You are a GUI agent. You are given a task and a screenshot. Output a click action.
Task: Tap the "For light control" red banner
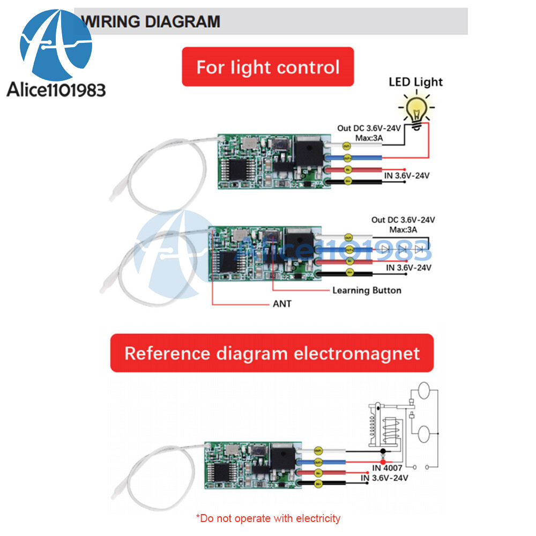(x=268, y=67)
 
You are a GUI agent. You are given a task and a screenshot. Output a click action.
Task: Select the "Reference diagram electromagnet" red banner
(x=272, y=353)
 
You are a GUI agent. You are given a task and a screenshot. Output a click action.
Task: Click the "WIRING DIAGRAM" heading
(x=152, y=21)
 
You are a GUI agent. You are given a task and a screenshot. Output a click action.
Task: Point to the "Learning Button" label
(x=367, y=290)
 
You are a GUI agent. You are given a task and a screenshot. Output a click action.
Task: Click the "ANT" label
(x=282, y=304)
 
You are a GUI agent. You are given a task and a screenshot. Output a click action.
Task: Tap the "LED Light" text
(x=416, y=82)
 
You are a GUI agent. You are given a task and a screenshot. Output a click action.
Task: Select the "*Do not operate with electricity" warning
(x=268, y=518)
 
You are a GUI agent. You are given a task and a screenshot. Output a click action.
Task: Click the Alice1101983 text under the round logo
(x=56, y=90)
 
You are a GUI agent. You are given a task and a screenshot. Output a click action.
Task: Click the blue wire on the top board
(x=364, y=158)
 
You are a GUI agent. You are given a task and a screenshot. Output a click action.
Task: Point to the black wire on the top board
(x=364, y=182)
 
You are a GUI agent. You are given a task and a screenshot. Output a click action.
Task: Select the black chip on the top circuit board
(x=233, y=172)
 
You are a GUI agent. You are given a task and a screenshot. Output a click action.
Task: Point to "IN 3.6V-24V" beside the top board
(x=408, y=175)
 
